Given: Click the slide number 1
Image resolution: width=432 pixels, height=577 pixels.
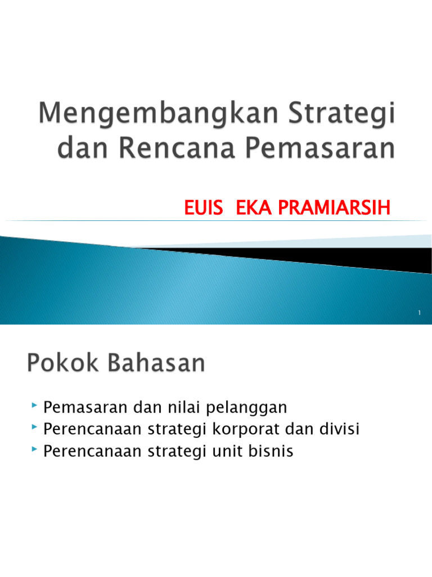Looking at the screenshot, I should tap(420, 313).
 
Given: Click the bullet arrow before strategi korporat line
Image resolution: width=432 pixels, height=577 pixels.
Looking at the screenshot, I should tap(35, 428).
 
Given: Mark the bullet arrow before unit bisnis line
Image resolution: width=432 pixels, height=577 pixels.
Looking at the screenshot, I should tap(35, 451).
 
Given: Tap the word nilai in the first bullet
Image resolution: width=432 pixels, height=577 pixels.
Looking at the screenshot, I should tap(172, 407).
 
